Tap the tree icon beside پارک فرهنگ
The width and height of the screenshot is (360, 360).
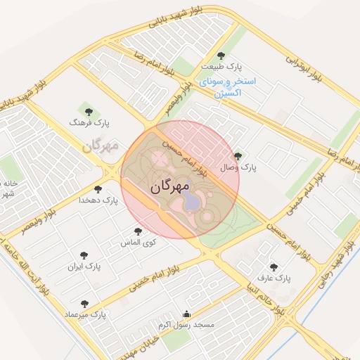[89, 110]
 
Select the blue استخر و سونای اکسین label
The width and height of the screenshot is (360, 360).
[228, 86]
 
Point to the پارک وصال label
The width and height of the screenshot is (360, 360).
[239, 168]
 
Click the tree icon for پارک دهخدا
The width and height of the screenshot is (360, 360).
[97, 189]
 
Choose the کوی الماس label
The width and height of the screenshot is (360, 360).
[139, 242]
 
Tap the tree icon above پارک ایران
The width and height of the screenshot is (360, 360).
[84, 255]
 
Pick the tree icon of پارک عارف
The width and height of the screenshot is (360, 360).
[274, 266]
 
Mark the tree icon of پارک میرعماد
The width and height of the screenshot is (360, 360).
[84, 304]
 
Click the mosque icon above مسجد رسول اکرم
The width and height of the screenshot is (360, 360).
[186, 314]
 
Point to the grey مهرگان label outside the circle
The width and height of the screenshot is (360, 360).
[101, 146]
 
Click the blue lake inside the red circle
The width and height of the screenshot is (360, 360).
[191, 203]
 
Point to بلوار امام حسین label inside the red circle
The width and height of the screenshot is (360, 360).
[186, 156]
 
